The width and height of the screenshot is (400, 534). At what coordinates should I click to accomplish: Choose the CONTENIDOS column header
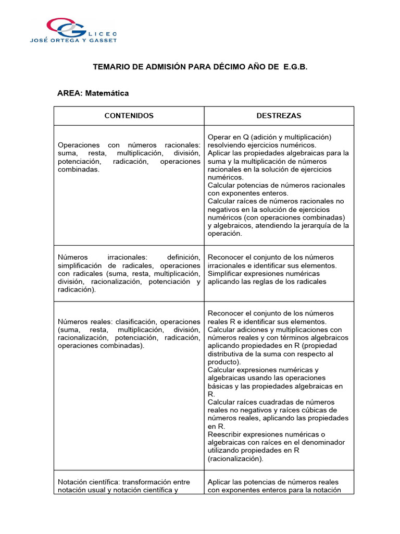click(x=129, y=116)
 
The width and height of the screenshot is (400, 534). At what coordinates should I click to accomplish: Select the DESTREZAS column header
click(x=279, y=116)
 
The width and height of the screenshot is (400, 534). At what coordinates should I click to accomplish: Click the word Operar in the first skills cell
click(x=219, y=137)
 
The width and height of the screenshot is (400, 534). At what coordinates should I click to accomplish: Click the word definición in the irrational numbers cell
click(x=183, y=258)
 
